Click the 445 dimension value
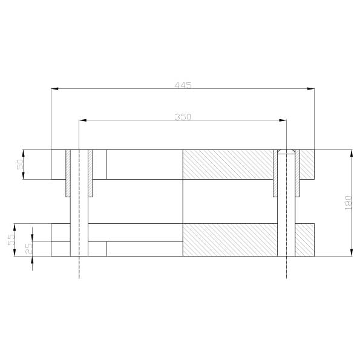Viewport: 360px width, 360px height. point(183,85)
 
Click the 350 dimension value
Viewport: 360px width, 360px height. point(183,117)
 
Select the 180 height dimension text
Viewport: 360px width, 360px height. point(349,203)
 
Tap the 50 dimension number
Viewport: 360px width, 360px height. point(20,165)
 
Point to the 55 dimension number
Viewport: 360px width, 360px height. point(11,240)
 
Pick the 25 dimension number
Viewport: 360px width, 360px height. point(28,249)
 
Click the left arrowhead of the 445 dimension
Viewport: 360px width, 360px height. point(54,88)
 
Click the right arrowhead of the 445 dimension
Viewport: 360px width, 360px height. point(311,88)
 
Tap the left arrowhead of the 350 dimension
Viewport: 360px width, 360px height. point(83,120)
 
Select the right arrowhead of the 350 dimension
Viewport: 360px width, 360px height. point(283,120)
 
